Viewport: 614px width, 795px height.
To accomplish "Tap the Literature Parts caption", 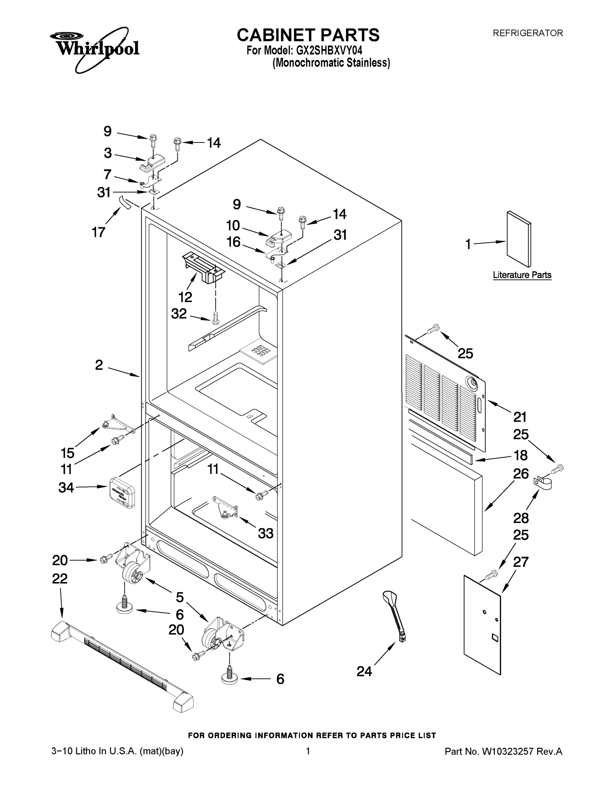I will point(522,275).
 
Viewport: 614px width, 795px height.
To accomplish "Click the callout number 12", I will point(185,297).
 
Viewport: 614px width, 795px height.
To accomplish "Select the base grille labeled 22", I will point(122,666).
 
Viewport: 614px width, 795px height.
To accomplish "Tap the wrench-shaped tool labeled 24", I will point(395,616).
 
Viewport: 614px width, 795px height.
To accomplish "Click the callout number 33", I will point(265,534).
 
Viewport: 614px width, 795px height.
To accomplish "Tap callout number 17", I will point(99,232).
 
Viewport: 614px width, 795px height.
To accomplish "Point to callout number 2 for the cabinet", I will point(99,365).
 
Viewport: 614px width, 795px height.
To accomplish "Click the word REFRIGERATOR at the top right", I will point(527,33).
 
